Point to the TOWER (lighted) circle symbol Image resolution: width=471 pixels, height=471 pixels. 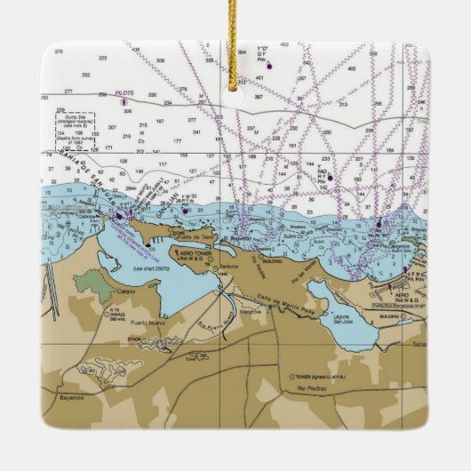[290, 375]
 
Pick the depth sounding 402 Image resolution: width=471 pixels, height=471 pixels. [350, 68]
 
